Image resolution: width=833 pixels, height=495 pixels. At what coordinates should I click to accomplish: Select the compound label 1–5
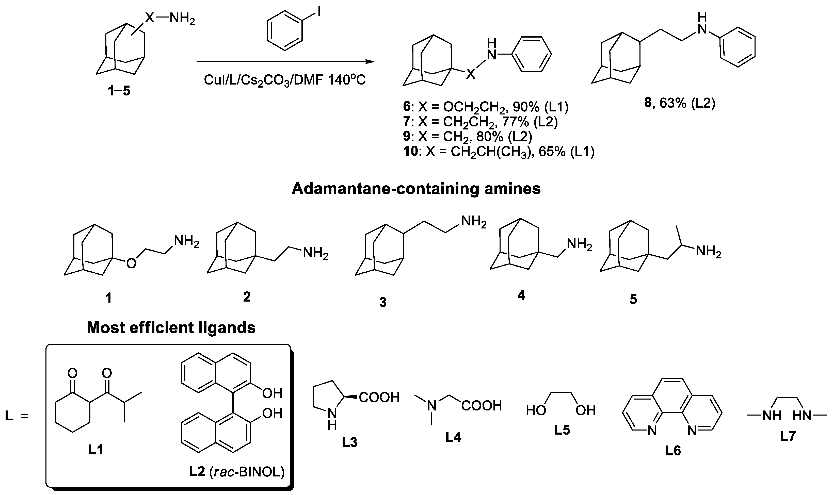click(119, 91)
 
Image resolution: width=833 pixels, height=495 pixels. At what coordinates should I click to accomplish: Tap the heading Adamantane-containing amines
click(416, 189)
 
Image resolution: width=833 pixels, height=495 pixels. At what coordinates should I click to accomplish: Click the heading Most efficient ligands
click(171, 328)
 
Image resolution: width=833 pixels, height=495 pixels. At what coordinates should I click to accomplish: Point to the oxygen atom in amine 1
click(131, 263)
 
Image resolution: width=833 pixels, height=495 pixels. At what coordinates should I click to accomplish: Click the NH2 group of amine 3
click(473, 222)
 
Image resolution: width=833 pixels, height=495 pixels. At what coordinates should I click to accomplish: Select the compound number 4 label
click(521, 295)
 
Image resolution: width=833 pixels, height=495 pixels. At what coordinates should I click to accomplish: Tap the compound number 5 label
click(633, 299)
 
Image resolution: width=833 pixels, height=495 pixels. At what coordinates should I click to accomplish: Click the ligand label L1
click(96, 451)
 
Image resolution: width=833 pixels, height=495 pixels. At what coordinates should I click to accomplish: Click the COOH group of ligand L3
click(379, 398)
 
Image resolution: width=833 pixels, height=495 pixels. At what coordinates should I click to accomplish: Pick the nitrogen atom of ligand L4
click(432, 406)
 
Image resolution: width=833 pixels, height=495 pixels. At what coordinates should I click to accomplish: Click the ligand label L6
click(673, 451)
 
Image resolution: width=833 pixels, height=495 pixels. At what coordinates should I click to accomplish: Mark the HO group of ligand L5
click(536, 410)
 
